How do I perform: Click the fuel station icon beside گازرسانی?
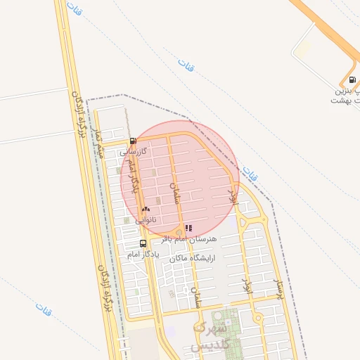tap(133, 141)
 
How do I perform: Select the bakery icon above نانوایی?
tap(146, 209)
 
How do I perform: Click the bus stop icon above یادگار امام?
tap(143, 243)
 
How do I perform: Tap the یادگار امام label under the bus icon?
tap(143, 254)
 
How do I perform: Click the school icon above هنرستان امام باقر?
tap(188, 227)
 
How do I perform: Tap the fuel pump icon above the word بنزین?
tap(352, 79)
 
